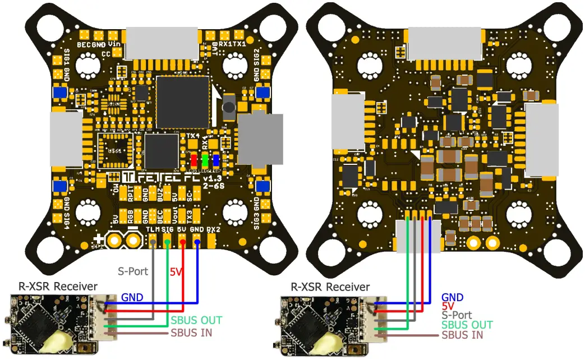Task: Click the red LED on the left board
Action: (194, 160)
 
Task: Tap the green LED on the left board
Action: (205, 160)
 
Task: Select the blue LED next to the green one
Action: (216, 160)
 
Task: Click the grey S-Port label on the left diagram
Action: (133, 271)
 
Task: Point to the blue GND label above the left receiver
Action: (132, 297)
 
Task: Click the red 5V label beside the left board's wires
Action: (176, 272)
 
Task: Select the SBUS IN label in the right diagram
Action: (462, 335)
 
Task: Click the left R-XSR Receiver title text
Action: (58, 287)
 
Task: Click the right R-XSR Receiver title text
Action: (330, 287)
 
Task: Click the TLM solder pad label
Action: (152, 229)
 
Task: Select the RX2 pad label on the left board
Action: (213, 229)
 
